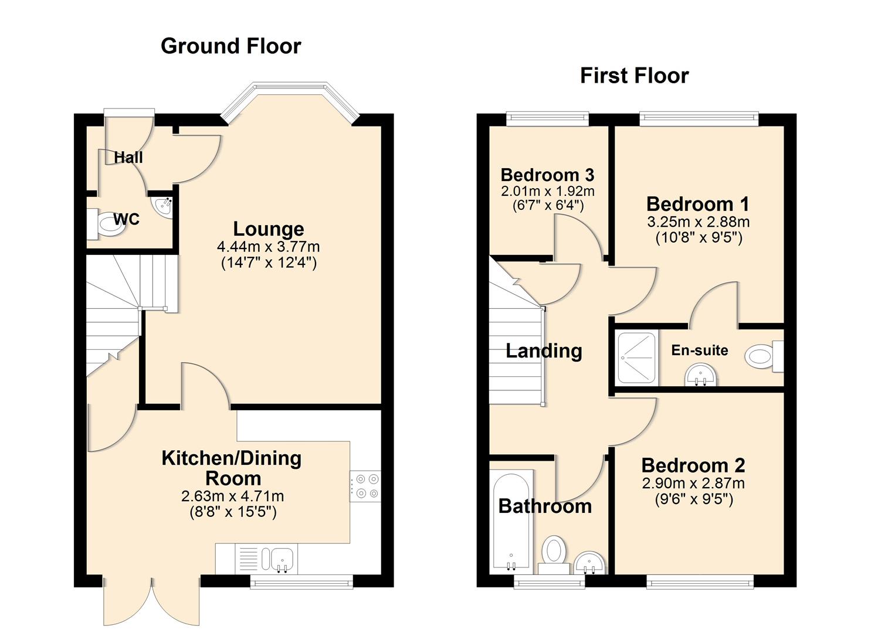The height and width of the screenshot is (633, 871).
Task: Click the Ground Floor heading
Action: coord(231,46)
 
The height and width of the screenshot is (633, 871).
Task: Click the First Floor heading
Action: coord(634,76)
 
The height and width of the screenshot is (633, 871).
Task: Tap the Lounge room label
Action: coord(269,229)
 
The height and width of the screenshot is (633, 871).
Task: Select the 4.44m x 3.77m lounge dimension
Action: coord(269,246)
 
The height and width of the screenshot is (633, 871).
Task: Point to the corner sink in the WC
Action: coord(162,206)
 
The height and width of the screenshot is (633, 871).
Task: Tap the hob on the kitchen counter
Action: coord(365,486)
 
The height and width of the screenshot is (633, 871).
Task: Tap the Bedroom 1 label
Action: coord(697,204)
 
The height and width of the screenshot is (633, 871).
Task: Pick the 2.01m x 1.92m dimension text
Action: coord(547,191)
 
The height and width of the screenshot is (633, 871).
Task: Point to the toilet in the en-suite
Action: coord(762,356)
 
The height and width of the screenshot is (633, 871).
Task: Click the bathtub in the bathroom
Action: coord(511,522)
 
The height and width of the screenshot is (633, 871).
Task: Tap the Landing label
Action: coord(544,350)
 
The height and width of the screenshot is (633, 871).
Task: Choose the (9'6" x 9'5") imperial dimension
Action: coord(693,499)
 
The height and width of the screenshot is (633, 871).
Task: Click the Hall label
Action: coord(128,157)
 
